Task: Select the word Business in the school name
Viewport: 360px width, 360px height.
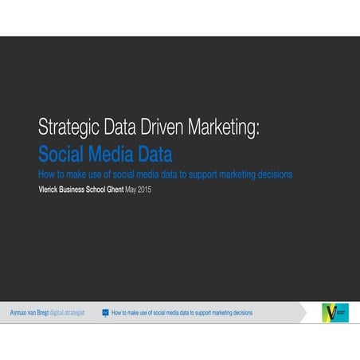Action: tap(88, 190)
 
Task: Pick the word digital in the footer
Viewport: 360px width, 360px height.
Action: tap(61, 313)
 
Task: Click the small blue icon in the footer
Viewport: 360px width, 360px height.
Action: tap(105, 313)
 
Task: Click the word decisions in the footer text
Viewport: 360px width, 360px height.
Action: tap(240, 313)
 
